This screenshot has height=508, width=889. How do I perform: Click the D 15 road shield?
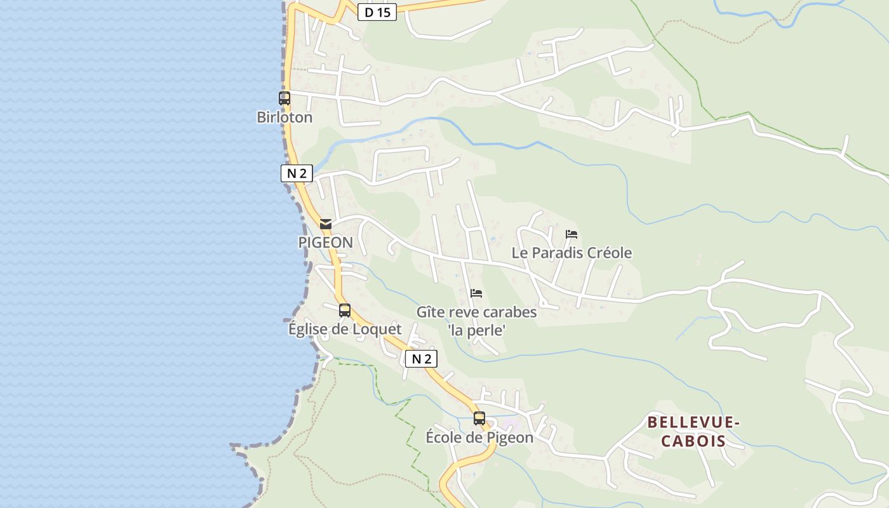(377, 12)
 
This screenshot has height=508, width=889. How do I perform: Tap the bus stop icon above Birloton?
(284, 98)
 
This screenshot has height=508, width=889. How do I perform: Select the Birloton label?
(284, 117)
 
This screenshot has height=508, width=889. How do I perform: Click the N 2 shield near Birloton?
(297, 173)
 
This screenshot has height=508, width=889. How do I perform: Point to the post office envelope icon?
(326, 224)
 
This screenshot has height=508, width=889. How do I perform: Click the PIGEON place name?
(326, 243)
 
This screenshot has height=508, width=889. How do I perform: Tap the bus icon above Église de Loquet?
(345, 311)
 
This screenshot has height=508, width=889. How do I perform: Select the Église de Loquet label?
(345, 329)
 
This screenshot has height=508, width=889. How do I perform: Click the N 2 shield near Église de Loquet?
(421, 359)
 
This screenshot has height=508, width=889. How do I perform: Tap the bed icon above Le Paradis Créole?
(571, 234)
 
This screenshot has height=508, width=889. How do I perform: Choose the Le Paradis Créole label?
(571, 253)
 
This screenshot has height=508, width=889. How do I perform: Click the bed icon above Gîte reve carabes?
(476, 293)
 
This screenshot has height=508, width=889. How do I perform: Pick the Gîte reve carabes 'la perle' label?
(477, 321)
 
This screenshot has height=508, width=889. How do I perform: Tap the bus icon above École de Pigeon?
(479, 418)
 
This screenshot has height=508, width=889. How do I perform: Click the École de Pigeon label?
(479, 438)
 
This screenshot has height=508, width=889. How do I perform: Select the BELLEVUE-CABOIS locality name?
(693, 431)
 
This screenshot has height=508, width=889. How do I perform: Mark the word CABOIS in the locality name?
(693, 441)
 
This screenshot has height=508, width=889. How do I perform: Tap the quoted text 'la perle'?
(477, 330)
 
